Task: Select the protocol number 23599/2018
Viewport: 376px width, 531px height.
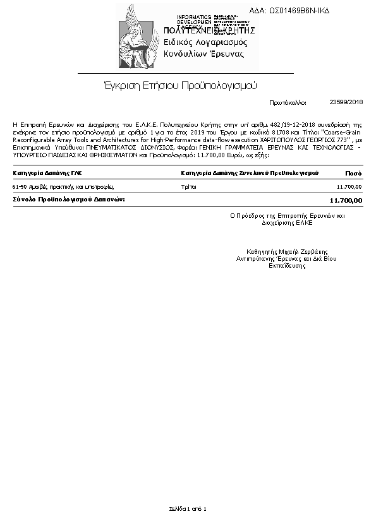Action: (x=346, y=102)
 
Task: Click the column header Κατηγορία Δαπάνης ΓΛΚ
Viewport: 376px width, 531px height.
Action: (x=47, y=172)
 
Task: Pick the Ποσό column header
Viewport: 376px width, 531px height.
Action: (x=353, y=172)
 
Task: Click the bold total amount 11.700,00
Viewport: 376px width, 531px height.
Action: (x=346, y=200)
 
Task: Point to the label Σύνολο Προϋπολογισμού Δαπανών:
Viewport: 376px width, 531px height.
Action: (x=69, y=200)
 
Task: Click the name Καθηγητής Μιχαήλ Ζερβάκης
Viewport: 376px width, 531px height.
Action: (x=286, y=251)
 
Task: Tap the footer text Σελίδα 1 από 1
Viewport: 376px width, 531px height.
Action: (x=188, y=508)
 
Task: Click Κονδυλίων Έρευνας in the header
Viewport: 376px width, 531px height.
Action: (x=203, y=54)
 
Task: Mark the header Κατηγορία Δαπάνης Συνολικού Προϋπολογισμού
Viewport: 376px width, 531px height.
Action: (x=250, y=172)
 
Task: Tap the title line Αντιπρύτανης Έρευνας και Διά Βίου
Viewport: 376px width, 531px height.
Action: (x=286, y=259)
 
